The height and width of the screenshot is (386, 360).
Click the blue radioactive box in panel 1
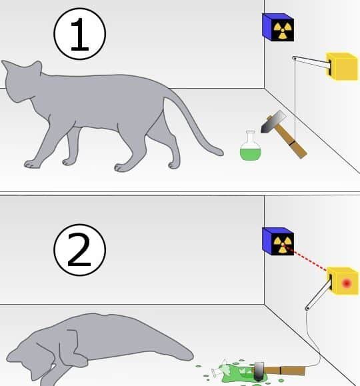click(x=277, y=27)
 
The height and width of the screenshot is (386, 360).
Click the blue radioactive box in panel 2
click(x=277, y=241)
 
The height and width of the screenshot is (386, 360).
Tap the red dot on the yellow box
click(x=346, y=283)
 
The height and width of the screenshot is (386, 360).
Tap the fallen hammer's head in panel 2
click(x=258, y=371)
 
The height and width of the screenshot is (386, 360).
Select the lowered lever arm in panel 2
click(x=319, y=293)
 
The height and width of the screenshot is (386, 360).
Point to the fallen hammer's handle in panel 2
click(x=287, y=369)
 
